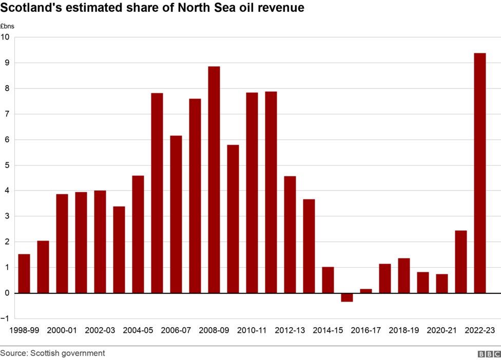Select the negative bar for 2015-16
[x=347, y=297]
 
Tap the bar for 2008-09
[x=214, y=179]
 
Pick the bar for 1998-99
[x=24, y=273]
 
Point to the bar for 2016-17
[x=366, y=291]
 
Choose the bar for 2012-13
[x=290, y=234]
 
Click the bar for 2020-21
[x=442, y=283]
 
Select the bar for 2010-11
[x=252, y=193]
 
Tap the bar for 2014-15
[x=328, y=280]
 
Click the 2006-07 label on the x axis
[x=176, y=331]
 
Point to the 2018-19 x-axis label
[x=404, y=331]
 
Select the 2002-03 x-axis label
[x=100, y=331]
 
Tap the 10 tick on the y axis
[x=5, y=37]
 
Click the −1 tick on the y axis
[x=5, y=318]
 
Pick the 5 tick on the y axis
[x=7, y=165]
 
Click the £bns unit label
[x=7, y=26]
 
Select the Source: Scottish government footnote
[x=52, y=353]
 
